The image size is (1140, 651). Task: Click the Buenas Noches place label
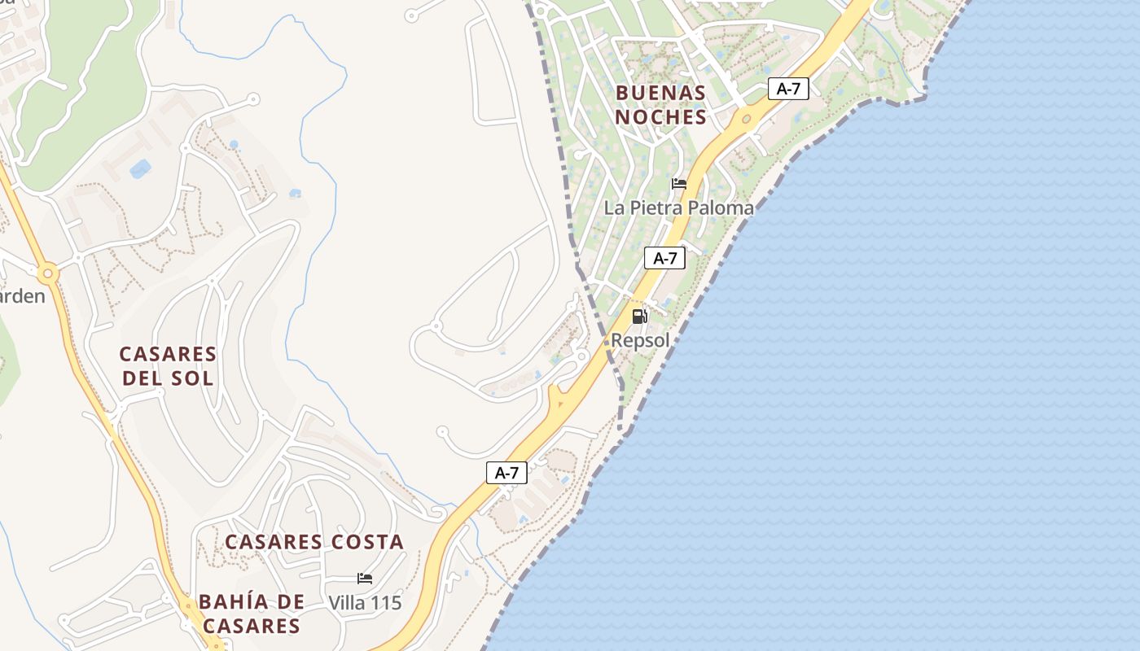(x=660, y=105)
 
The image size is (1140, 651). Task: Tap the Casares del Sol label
(x=168, y=366)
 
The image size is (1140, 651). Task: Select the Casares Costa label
(x=314, y=542)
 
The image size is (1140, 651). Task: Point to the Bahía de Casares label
(x=252, y=614)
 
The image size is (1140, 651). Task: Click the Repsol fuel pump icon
(x=639, y=317)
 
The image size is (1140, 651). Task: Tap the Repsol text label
(x=640, y=340)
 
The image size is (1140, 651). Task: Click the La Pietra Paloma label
(x=678, y=208)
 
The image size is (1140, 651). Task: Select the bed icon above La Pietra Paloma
(x=679, y=183)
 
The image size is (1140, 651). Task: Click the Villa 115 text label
(x=365, y=603)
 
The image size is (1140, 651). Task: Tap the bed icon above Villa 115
(x=365, y=579)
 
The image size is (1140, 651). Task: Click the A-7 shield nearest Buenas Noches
(x=787, y=89)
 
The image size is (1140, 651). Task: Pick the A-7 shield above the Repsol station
(x=664, y=259)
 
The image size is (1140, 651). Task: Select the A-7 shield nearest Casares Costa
(x=506, y=473)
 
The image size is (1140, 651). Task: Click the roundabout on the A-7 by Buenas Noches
(x=747, y=119)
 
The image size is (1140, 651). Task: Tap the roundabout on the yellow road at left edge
(x=47, y=274)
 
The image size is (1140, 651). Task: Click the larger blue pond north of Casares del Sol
(x=140, y=169)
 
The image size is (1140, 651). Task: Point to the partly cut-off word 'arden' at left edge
(x=22, y=296)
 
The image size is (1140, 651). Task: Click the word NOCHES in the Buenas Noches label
(x=660, y=117)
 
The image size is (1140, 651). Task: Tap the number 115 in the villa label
(x=386, y=603)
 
